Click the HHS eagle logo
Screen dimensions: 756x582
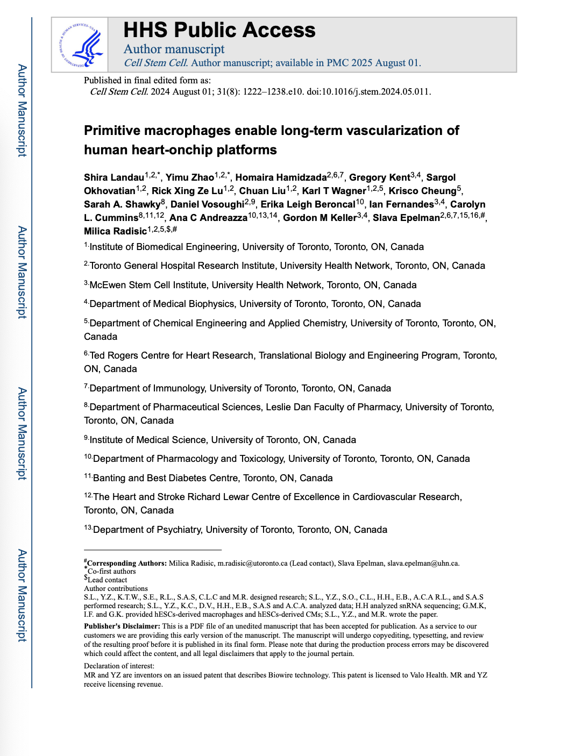click(x=81, y=45)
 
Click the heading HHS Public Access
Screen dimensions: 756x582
click(x=219, y=30)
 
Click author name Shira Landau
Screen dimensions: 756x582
click(x=114, y=178)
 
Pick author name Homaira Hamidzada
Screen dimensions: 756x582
click(x=281, y=178)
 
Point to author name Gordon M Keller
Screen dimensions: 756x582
click(x=320, y=218)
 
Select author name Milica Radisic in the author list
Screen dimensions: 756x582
click(x=115, y=231)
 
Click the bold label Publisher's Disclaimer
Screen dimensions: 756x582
click(x=122, y=626)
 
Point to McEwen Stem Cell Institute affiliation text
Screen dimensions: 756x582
click(x=150, y=285)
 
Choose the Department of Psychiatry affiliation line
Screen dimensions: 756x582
click(x=240, y=530)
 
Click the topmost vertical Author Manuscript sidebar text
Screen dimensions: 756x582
click(x=22, y=110)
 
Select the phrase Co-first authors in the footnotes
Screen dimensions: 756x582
click(x=112, y=572)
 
